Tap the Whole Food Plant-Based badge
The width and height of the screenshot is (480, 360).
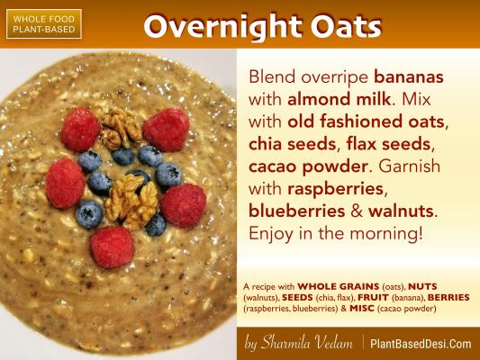click(x=44, y=24)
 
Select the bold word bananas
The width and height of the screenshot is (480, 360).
click(x=408, y=76)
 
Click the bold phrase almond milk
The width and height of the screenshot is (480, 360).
click(x=340, y=99)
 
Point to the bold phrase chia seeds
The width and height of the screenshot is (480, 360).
click(x=293, y=144)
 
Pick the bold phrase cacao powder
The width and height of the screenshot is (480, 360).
click(x=308, y=167)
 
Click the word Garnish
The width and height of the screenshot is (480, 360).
click(x=409, y=166)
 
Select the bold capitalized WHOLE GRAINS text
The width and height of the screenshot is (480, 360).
click(x=339, y=286)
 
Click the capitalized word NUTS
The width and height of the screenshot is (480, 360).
click(x=422, y=286)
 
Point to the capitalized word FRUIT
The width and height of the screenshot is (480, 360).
click(x=373, y=297)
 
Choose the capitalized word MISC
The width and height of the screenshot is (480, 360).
click(x=362, y=308)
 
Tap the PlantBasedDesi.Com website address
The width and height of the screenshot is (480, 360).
click(x=421, y=344)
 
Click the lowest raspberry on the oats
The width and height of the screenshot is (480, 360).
click(x=112, y=247)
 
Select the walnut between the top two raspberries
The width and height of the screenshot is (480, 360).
click(x=122, y=129)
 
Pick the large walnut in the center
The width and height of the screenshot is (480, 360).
click(x=132, y=202)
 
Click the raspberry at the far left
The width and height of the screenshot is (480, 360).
click(x=65, y=184)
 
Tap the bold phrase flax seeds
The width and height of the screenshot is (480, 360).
click(x=388, y=144)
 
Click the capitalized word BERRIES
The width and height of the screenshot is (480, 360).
click(x=448, y=297)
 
